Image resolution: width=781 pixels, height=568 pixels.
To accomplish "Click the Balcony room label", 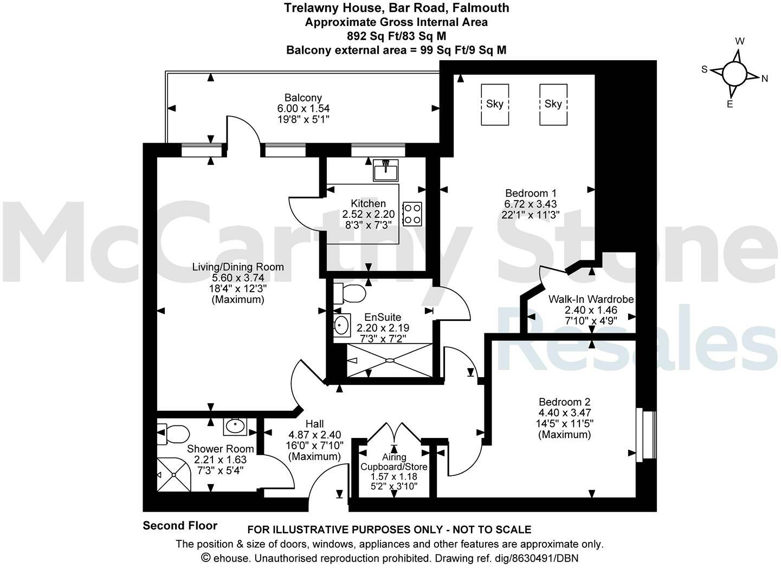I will point(303,98).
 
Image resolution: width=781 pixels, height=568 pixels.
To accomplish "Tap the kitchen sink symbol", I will point(385,170).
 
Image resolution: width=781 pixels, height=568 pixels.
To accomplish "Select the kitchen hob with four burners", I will point(412,213).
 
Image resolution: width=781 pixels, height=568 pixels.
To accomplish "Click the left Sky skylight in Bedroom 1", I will point(495,104).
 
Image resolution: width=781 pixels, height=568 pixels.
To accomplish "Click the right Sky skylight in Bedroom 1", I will point(553,104).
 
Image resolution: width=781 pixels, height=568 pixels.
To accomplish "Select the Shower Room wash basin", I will point(236,426).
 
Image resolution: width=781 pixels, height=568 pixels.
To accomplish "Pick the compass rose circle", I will point(734,73).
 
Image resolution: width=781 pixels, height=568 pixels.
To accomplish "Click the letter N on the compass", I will point(765,79).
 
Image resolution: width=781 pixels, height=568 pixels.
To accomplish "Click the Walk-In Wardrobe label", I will point(591,299).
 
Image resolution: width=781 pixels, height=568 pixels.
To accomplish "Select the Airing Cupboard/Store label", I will point(394,462).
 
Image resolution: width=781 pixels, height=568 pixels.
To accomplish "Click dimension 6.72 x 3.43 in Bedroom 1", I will point(531,204).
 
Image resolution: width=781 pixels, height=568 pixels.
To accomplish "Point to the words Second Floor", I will point(180,525).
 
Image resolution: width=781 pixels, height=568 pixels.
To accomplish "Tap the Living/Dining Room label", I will point(238,267).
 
